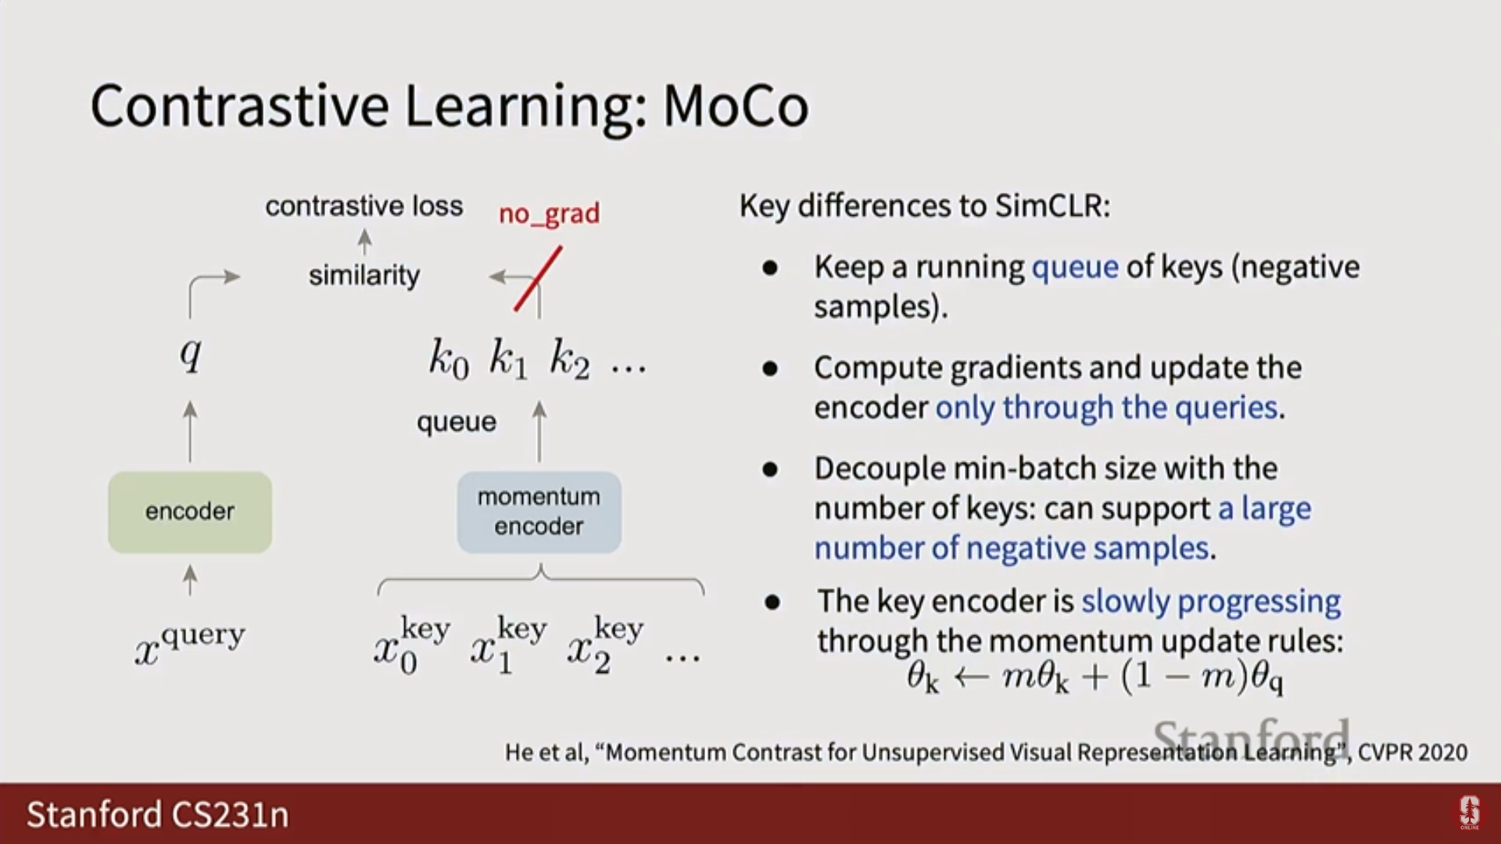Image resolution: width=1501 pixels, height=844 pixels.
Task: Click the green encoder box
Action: [190, 512]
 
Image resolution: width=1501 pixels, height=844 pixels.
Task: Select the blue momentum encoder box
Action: [539, 512]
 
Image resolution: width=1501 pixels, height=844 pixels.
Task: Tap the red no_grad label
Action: [549, 214]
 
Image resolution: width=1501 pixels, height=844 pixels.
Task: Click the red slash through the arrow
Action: [538, 279]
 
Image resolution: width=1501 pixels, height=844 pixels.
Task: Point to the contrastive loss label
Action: [364, 206]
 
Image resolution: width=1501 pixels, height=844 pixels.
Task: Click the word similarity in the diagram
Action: [364, 275]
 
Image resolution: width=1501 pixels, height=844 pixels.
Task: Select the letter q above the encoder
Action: [191, 354]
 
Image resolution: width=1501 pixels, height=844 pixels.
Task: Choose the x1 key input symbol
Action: [509, 646]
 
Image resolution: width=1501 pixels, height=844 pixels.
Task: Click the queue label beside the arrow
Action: [457, 423]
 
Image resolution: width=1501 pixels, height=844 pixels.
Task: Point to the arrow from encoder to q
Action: [190, 431]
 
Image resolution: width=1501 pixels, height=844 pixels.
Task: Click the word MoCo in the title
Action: [736, 105]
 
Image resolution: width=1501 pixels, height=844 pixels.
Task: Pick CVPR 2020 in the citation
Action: [1413, 753]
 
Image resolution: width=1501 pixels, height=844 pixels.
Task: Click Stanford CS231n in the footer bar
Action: [158, 814]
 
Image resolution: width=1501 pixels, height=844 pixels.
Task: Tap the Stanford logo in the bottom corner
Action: [1470, 813]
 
